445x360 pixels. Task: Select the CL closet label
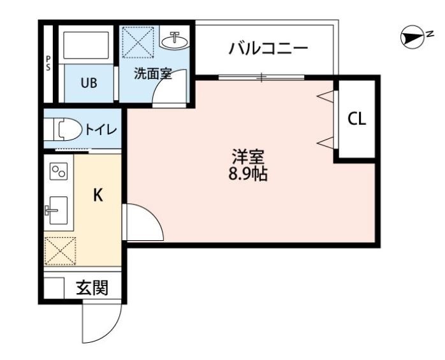[357, 119]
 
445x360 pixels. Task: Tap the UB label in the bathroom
[89, 83]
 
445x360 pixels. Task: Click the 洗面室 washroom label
[152, 73]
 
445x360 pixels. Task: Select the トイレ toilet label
[101, 130]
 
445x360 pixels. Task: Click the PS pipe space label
[48, 63]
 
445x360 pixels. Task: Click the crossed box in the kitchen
[59, 251]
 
